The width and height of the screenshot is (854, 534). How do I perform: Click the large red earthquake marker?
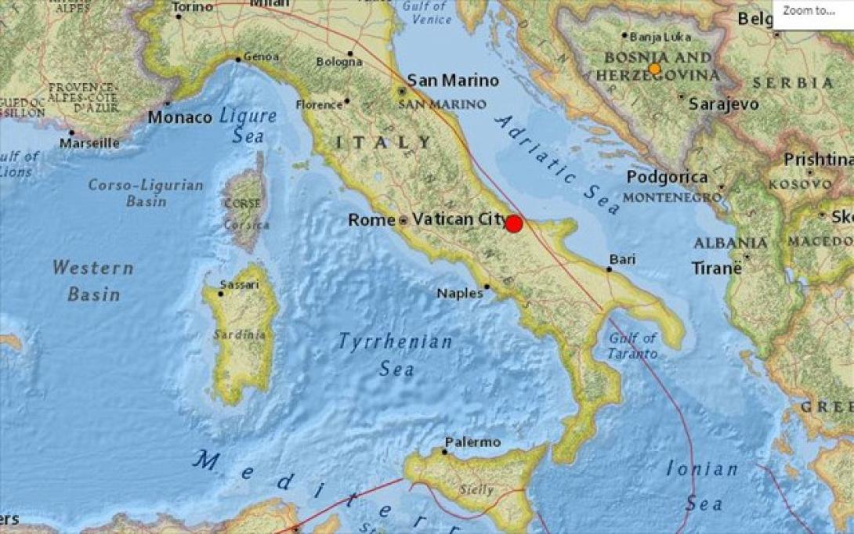tap(513, 224)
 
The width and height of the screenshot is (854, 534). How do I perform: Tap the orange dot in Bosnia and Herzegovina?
tap(655, 69)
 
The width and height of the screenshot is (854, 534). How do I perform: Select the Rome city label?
tap(371, 220)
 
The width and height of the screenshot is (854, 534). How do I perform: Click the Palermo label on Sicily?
tap(472, 442)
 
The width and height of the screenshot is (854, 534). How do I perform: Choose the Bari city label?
tap(623, 259)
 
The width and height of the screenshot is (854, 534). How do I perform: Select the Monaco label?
tap(180, 117)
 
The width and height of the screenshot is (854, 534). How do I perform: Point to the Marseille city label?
tap(89, 143)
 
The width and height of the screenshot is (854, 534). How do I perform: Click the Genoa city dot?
tap(238, 59)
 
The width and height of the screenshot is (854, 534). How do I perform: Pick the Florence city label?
tap(319, 104)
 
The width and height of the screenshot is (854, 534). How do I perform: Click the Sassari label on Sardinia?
tap(239, 284)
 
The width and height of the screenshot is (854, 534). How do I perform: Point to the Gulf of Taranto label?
tap(633, 346)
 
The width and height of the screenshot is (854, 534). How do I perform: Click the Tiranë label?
tap(716, 268)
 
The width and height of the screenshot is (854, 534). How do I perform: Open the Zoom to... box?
tap(812, 11)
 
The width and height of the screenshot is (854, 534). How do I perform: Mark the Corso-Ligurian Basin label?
tap(146, 193)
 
